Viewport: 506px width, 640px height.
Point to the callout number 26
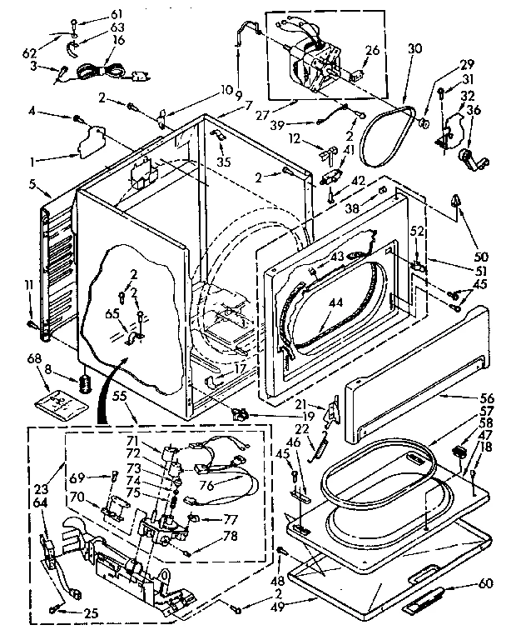point(372,50)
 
